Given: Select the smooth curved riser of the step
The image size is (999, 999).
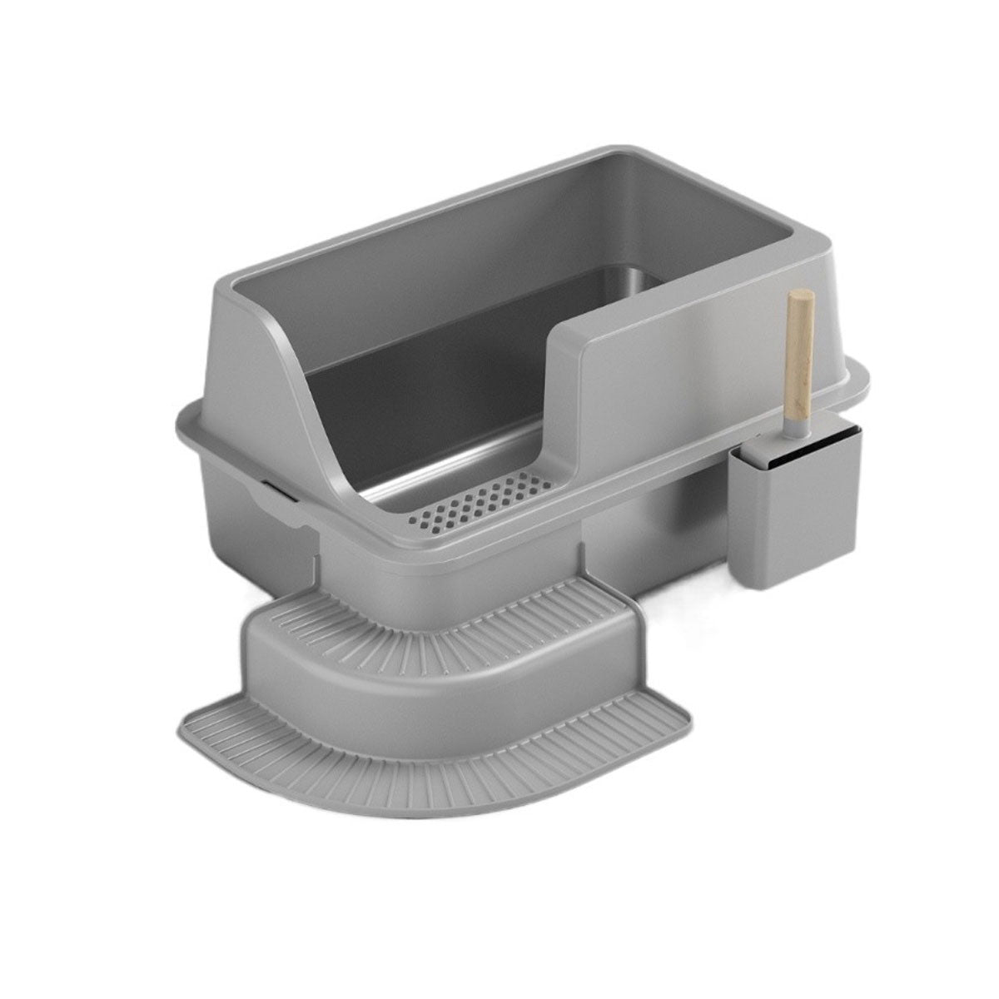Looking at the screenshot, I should coord(433,658).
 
